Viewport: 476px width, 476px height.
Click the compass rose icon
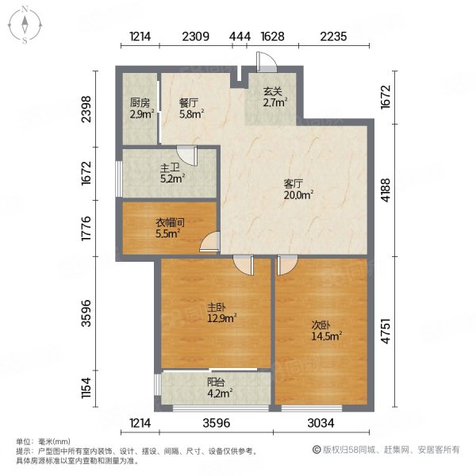(x=25, y=25)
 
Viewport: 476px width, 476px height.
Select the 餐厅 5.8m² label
(x=191, y=109)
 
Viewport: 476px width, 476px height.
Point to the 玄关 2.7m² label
(x=275, y=97)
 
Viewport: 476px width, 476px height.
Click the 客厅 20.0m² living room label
(x=298, y=190)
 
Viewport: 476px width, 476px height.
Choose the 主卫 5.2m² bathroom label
(x=172, y=173)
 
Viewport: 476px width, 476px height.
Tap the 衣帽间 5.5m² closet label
(x=170, y=228)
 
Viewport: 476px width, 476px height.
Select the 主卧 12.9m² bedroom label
(x=221, y=313)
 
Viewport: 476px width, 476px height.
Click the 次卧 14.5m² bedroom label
(x=327, y=331)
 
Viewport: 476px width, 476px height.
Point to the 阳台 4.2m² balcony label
(x=220, y=388)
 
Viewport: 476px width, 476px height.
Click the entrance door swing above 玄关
(x=267, y=62)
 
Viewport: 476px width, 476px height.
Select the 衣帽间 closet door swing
(x=210, y=242)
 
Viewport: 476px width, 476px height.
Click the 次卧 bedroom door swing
(x=287, y=265)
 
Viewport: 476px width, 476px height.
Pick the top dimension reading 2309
(x=195, y=36)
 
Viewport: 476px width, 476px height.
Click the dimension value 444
(x=240, y=36)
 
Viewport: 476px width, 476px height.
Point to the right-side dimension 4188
(x=386, y=190)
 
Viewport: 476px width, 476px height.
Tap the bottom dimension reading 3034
(x=321, y=423)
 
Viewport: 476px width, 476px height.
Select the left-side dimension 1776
(x=86, y=228)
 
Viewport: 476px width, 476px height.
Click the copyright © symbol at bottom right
(x=317, y=450)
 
